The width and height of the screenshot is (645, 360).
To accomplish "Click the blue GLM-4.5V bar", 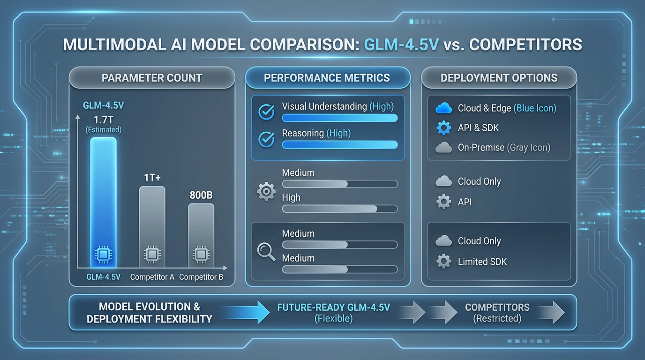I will pyautogui.click(x=103, y=197).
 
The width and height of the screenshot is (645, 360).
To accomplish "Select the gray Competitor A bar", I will pyautogui.click(x=152, y=220).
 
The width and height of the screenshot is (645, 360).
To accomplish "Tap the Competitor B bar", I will pyautogui.click(x=201, y=230).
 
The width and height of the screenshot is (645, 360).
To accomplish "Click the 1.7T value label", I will pyautogui.click(x=103, y=120).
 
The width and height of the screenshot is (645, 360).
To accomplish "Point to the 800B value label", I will pyautogui.click(x=201, y=195).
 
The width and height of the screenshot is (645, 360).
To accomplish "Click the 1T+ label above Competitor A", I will pyautogui.click(x=152, y=178).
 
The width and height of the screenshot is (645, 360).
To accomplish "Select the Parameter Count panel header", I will pyautogui.click(x=152, y=78).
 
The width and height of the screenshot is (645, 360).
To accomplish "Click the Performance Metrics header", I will pyautogui.click(x=327, y=78).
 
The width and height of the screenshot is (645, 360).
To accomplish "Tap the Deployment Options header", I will pyautogui.click(x=499, y=78).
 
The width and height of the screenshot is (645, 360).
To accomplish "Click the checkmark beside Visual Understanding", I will pyautogui.click(x=267, y=112).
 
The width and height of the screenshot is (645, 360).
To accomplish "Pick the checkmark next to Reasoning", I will pyautogui.click(x=267, y=139).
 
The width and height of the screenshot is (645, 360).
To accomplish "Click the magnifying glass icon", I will pyautogui.click(x=266, y=251).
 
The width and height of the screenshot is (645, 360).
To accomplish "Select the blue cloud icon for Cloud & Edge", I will pyautogui.click(x=443, y=108).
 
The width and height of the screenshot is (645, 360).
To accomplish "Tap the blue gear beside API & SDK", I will pyautogui.click(x=443, y=127).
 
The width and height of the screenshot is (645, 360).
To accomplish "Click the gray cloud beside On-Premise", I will pyautogui.click(x=443, y=148).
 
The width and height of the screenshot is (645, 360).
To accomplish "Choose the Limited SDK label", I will pyautogui.click(x=482, y=262).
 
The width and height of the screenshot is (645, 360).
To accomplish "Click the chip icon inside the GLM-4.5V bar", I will pyautogui.click(x=103, y=255).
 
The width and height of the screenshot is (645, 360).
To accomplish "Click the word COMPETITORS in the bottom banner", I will pyautogui.click(x=497, y=307).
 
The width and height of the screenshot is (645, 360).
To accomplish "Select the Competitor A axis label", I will pyautogui.click(x=152, y=277).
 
